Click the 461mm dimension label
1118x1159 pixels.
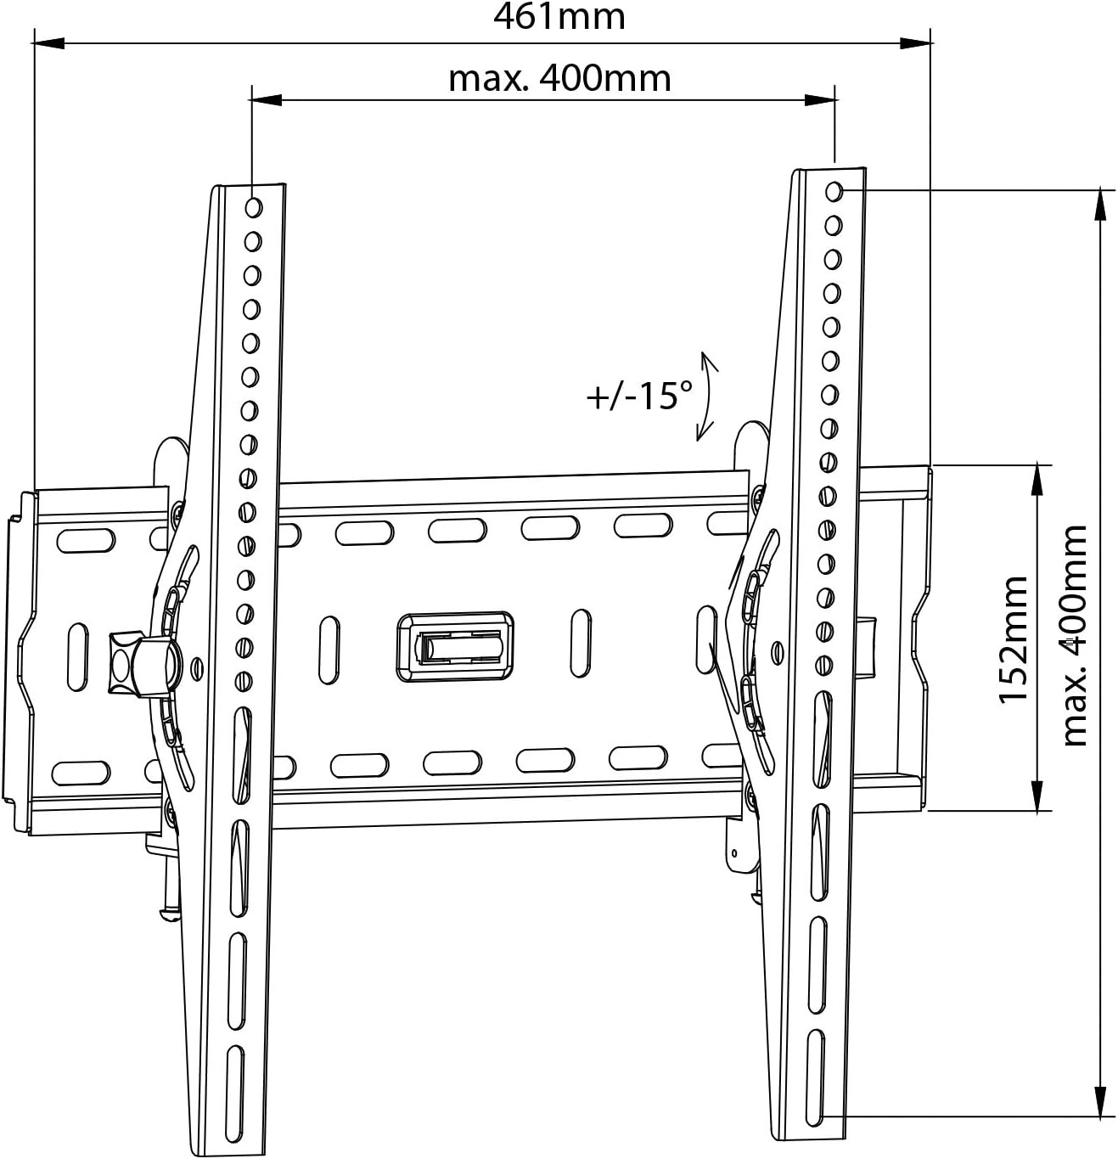[x=559, y=16]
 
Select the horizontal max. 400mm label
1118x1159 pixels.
[x=559, y=79]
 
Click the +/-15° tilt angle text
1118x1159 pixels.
[x=639, y=397]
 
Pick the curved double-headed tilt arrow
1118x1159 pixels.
[x=707, y=397]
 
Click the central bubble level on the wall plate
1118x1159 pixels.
[x=455, y=646]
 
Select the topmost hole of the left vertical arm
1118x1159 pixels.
[x=254, y=207]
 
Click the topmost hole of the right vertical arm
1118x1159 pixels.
[x=834, y=191]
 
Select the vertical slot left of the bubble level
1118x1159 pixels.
[x=329, y=650]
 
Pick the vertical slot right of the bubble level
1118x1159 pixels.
[x=581, y=642]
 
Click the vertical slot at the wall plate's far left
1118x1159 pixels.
[x=77, y=655]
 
